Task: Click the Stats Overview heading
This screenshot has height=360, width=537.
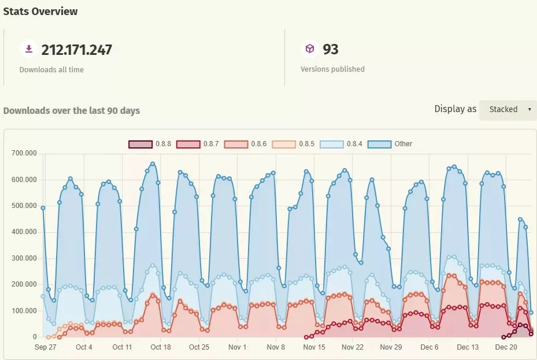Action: point(40,11)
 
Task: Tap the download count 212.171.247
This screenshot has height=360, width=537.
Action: point(76,50)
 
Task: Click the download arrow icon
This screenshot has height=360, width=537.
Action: point(28,49)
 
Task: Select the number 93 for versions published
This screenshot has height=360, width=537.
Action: point(331,50)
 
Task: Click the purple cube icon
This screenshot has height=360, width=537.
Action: point(310,49)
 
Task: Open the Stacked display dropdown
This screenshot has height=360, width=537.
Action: point(508,109)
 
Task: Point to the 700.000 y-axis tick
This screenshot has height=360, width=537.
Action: point(24,153)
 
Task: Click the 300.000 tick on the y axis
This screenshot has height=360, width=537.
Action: point(24,258)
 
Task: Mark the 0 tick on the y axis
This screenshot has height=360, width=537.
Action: point(34,337)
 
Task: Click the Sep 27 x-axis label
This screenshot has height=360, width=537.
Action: point(45,347)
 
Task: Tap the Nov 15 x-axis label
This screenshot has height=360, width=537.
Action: point(314,347)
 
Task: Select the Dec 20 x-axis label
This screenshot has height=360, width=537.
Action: point(506,347)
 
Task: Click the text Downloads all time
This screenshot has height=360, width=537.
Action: point(51,69)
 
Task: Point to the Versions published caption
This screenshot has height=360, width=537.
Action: point(332,69)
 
